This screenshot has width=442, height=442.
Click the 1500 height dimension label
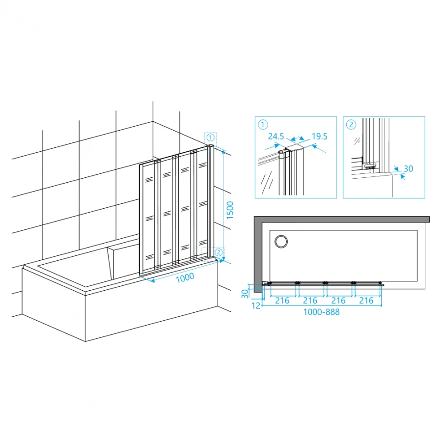click(230, 210)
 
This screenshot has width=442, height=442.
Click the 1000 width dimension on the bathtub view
click(185, 277)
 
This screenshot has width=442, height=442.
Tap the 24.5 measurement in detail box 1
click(276, 137)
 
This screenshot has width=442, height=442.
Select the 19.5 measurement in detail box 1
click(319, 137)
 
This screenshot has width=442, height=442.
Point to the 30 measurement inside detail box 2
click(408, 169)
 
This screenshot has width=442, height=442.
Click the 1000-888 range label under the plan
click(321, 312)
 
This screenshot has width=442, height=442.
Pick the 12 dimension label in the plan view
click(256, 305)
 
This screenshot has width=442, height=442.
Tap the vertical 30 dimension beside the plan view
click(245, 294)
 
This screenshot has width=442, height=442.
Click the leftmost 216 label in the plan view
click(282, 301)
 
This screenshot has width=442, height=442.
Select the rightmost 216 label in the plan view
click(366, 301)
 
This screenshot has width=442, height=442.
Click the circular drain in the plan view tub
click(281, 242)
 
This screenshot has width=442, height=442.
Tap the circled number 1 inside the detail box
click(263, 124)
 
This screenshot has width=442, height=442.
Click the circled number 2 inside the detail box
click(351, 124)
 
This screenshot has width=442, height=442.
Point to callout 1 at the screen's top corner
click(210, 138)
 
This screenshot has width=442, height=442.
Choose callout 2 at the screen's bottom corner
click(219, 252)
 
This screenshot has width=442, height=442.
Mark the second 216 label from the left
click(310, 301)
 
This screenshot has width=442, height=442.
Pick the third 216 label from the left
click(338, 301)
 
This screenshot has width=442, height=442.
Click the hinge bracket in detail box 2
click(369, 166)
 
